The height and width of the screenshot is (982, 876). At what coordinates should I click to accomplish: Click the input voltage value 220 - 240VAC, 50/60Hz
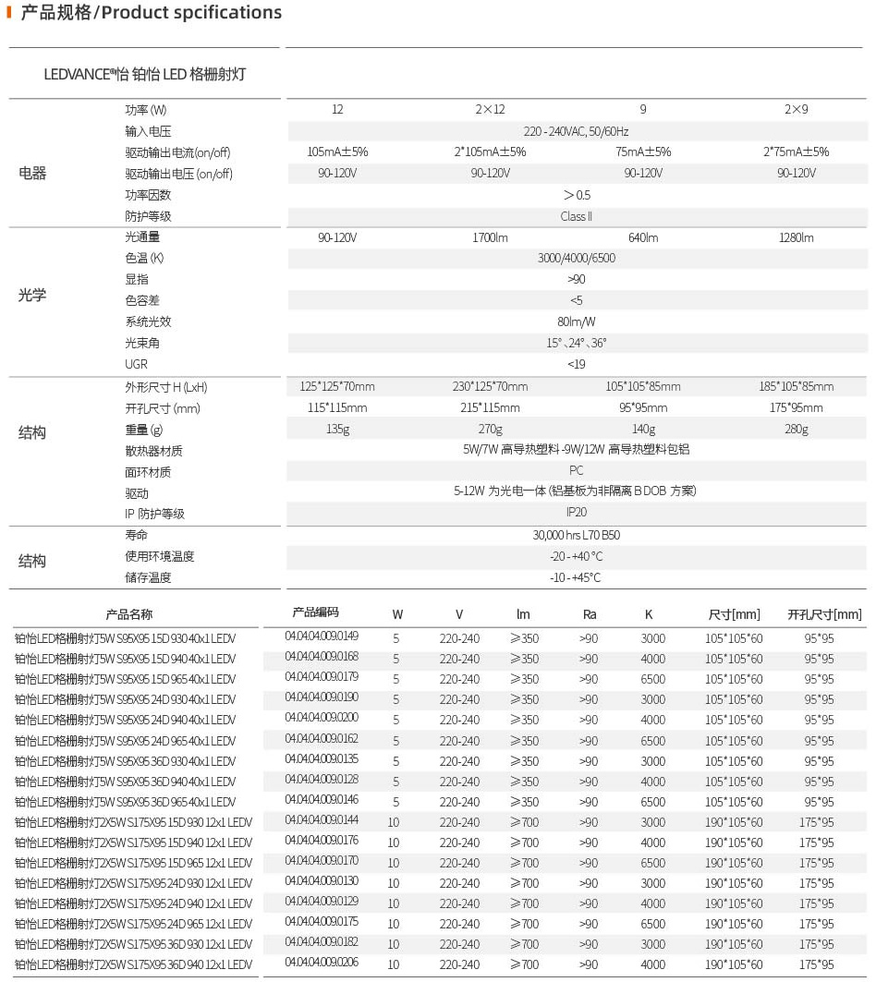(576, 131)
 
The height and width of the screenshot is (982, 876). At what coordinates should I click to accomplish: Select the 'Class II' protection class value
(576, 216)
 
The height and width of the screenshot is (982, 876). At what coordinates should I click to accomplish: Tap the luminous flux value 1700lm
(490, 237)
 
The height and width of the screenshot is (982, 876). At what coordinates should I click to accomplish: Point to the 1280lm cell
(796, 237)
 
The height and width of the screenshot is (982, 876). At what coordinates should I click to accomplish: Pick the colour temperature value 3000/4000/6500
(576, 258)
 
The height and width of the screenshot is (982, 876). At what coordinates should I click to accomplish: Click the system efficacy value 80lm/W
(576, 321)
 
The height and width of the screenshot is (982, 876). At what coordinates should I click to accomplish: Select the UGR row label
(136, 364)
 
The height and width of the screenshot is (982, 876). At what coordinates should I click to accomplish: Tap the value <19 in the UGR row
(576, 364)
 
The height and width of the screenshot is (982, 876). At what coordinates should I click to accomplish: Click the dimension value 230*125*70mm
(490, 386)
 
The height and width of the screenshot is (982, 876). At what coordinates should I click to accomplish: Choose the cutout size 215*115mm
(490, 407)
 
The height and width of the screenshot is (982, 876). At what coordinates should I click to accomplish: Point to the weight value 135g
(337, 429)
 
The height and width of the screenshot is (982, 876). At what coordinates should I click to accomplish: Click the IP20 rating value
(576, 511)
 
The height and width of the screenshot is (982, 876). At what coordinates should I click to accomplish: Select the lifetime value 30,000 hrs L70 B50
(576, 535)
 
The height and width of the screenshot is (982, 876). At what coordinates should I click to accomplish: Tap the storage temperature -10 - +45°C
(576, 577)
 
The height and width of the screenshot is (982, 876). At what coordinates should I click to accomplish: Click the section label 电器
(32, 173)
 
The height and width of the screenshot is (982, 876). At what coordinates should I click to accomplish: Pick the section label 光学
(32, 296)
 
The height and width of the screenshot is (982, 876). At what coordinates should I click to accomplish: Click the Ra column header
(590, 613)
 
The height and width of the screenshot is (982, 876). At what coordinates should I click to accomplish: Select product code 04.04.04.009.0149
(322, 636)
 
